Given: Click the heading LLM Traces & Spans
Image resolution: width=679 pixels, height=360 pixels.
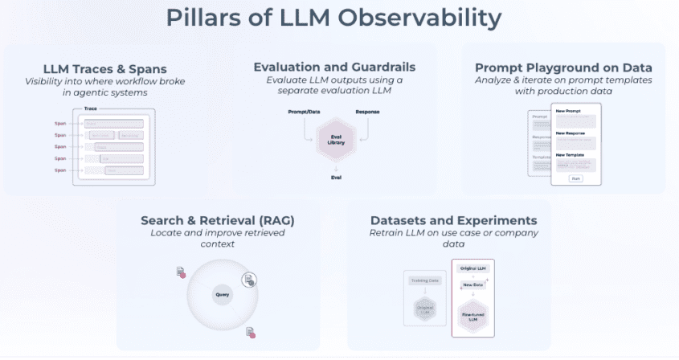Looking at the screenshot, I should pyautogui.click(x=110, y=68).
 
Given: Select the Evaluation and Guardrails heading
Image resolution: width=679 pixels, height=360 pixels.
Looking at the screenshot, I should pyautogui.click(x=334, y=67).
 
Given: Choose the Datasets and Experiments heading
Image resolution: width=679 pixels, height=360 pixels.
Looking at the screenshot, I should pyautogui.click(x=453, y=220).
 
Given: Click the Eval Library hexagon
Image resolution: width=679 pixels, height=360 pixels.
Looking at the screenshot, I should pyautogui.click(x=337, y=139).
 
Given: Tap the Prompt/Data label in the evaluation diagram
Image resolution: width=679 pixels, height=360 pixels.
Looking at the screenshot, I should pyautogui.click(x=305, y=111).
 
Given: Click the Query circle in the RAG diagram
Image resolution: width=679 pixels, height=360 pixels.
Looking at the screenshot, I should pyautogui.click(x=223, y=295).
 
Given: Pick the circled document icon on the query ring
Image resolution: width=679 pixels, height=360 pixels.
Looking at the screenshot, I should pyautogui.click(x=250, y=280).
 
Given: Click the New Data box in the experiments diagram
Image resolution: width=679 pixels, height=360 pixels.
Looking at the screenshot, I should pyautogui.click(x=472, y=285).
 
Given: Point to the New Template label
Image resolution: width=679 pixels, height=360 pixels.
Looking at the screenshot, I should pyautogui.click(x=571, y=153).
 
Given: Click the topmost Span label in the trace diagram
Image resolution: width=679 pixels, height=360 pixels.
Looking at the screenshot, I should pyautogui.click(x=60, y=123).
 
